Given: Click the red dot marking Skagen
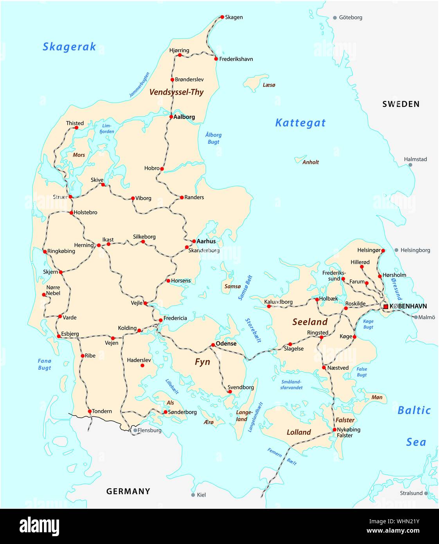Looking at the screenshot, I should tap(222, 17).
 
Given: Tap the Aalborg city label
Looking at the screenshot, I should tap(184, 117).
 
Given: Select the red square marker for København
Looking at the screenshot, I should tap(385, 306).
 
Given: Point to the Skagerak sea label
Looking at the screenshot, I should tap(69, 47).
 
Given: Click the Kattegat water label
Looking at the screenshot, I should tap(300, 123).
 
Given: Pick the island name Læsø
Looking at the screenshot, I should tap(269, 85).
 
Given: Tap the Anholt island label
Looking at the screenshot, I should tap(311, 162).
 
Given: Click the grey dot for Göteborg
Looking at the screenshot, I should tap(335, 18).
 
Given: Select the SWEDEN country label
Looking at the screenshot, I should tap(401, 104).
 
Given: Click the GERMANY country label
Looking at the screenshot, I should tap(128, 491).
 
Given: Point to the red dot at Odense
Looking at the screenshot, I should tap(213, 345).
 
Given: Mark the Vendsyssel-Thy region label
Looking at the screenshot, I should tap(176, 92).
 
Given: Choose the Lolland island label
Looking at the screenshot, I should tap(299, 432).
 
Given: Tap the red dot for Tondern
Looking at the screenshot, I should tap(90, 411).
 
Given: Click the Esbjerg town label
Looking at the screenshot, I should tap(70, 334).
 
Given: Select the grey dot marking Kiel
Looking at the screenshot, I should tap(193, 495).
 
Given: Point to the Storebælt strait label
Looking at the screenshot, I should tap(253, 330).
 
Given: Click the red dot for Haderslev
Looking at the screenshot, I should tap(142, 366).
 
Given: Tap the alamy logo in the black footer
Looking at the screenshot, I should tap(40, 526).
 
